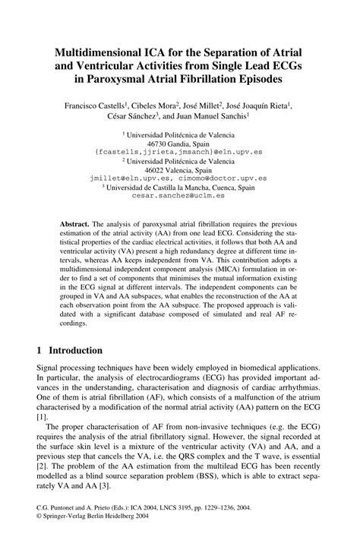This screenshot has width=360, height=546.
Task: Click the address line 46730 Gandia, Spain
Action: point(179,144)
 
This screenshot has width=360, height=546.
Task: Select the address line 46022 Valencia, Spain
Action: point(179,171)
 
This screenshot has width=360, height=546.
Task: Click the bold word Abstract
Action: point(75,225)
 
